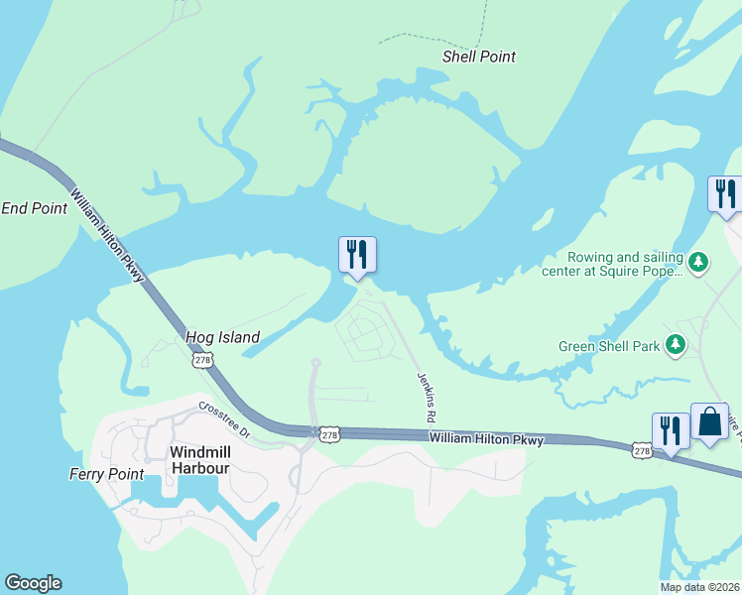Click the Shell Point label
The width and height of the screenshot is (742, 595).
click(479, 57)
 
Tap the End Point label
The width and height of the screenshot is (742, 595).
click(34, 208)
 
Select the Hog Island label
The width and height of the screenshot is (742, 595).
click(222, 337)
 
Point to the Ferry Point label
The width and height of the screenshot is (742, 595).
click(106, 474)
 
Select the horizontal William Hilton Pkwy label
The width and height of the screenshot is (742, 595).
click(486, 438)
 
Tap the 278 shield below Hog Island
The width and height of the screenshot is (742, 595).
click(202, 361)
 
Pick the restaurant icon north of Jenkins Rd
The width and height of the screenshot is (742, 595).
click(356, 255)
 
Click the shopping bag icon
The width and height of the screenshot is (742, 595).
click(709, 421)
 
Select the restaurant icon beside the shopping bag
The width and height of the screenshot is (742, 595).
click(671, 430)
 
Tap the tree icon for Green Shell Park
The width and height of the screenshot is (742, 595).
click(676, 344)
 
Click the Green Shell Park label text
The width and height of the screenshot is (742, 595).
click(608, 346)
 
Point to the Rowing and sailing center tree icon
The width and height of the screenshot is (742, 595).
click(698, 262)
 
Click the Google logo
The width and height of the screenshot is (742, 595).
click(33, 583)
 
